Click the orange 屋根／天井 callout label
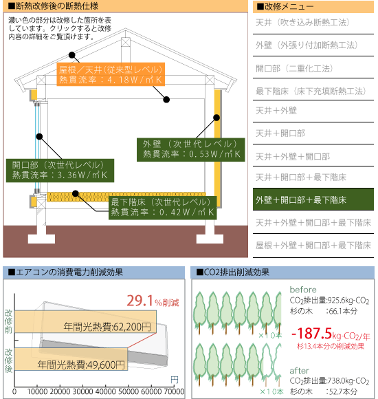(x=111, y=74)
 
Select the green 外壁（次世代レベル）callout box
(x=190, y=150)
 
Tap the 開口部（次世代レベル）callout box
(x=60, y=171)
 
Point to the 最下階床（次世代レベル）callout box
(x=163, y=208)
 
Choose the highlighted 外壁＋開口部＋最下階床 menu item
(x=313, y=199)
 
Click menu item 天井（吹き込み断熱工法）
(x=302, y=23)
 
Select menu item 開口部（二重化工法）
(x=294, y=69)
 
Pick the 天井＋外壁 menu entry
(x=276, y=111)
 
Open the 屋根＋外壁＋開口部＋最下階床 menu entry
(x=313, y=246)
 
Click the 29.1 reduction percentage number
(x=140, y=301)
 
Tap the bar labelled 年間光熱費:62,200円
(x=85, y=321)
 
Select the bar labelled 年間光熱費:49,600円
(x=71, y=359)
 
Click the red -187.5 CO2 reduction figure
(x=311, y=334)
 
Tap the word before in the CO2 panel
(x=303, y=290)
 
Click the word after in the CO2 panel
(x=300, y=371)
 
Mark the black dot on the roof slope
(x=72, y=55)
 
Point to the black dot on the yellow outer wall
(x=216, y=118)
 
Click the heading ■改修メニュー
(x=285, y=7)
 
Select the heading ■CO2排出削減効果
(x=232, y=272)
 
